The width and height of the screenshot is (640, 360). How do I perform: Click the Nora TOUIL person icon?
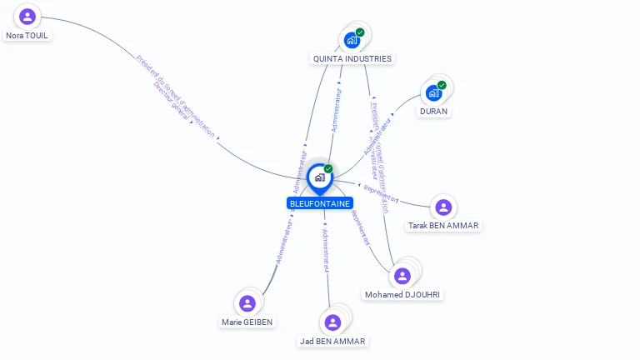click(x=27, y=17)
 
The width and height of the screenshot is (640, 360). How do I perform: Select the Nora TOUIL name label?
click(x=27, y=36)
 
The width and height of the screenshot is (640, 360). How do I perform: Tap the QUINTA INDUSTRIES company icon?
click(x=352, y=39)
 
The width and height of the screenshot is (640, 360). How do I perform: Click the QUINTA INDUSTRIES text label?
click(x=352, y=59)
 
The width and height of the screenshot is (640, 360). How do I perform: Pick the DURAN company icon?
click(x=433, y=92)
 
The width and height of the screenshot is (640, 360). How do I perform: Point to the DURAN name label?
click(x=433, y=112)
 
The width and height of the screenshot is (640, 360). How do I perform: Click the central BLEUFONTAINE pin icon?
click(x=319, y=177)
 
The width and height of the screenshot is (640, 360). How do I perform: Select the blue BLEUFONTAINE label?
click(x=320, y=203)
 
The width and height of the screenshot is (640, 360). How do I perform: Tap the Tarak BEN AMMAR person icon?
click(x=443, y=207)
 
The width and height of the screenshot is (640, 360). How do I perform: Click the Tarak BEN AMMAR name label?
click(x=444, y=226)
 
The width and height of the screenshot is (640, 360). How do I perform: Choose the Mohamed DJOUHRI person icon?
click(x=403, y=276)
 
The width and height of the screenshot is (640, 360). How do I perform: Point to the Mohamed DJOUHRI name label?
click(x=403, y=295)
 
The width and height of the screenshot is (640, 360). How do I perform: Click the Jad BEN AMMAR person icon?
click(x=333, y=322)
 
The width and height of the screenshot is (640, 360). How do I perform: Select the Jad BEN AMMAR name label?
click(x=333, y=342)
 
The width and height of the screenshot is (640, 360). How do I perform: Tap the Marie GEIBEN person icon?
click(x=247, y=303)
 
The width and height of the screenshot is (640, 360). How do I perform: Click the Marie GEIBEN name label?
click(x=247, y=322)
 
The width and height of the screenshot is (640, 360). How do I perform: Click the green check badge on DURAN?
click(x=442, y=85)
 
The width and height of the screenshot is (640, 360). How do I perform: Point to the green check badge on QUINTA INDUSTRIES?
click(x=360, y=32)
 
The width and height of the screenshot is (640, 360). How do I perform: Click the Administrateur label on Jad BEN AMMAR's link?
click(x=326, y=249)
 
